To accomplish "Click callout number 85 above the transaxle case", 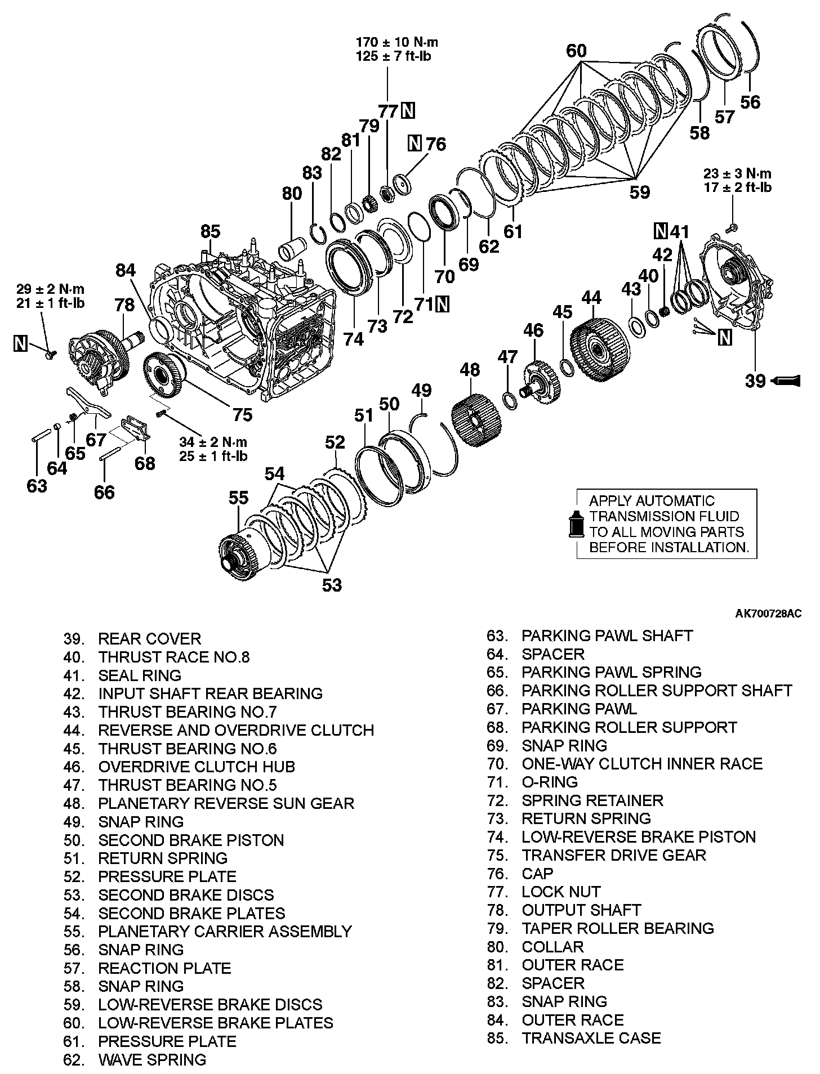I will pos(210,231).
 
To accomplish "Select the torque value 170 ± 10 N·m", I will pos(396,43).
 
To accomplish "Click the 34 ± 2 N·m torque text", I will pos(213,442).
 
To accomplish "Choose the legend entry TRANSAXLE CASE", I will pos(591,1037).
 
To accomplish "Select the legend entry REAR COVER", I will pos(149,639).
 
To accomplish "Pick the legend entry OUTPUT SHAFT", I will pos(581,910).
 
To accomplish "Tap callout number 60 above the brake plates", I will pos(576,51).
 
